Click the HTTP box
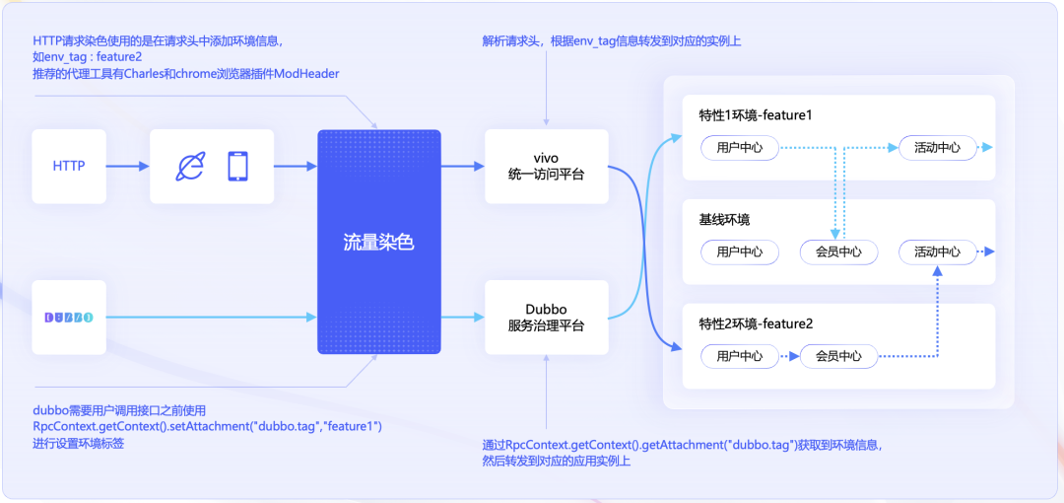(69, 166)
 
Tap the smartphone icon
(237, 167)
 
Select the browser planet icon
(187, 167)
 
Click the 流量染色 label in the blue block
(378, 242)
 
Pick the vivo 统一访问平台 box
(546, 166)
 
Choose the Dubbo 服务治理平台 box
(546, 317)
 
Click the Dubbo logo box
(69, 318)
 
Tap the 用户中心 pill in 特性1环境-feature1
(740, 148)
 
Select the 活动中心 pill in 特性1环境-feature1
(937, 148)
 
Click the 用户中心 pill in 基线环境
(740, 251)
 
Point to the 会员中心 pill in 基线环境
(838, 251)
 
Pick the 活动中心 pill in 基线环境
(937, 251)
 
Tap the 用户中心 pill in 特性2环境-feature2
(740, 356)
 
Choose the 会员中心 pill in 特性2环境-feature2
(838, 356)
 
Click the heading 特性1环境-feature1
(756, 115)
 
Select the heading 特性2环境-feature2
(756, 323)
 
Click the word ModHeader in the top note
(304, 73)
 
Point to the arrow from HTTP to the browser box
(128, 166)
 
